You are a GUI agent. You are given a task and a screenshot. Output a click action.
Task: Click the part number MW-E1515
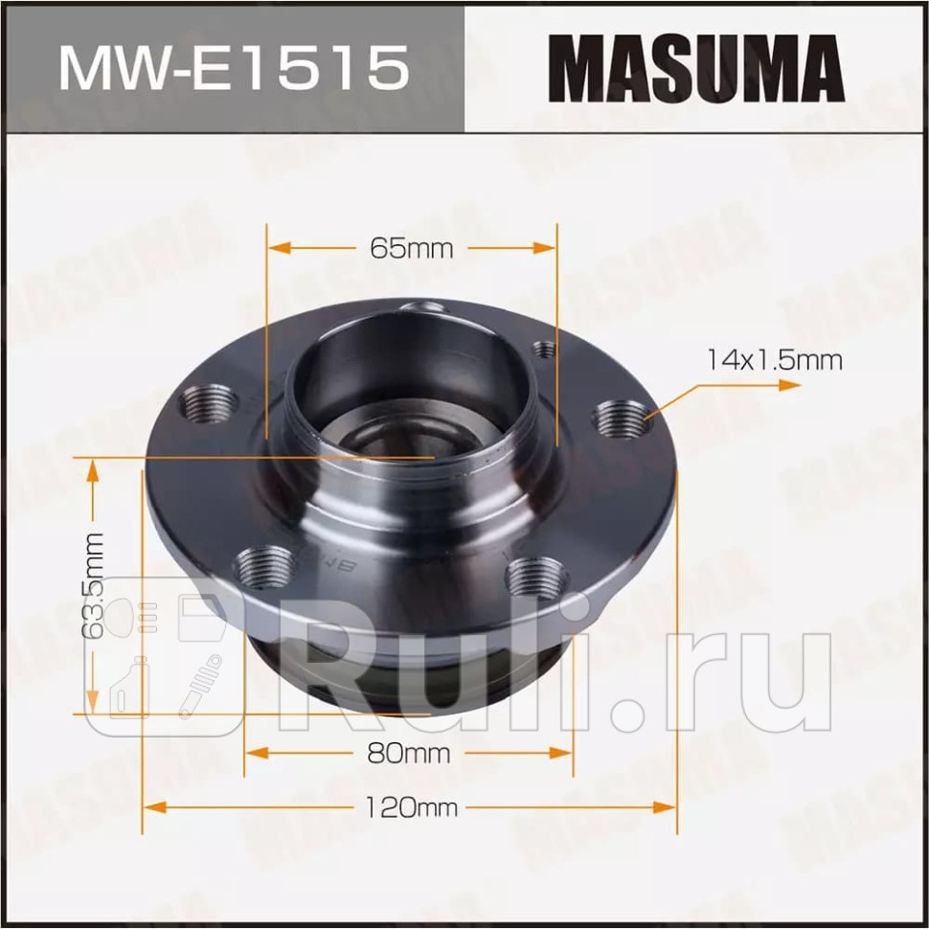[233, 66]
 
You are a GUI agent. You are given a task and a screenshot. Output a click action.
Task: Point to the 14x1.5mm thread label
[774, 360]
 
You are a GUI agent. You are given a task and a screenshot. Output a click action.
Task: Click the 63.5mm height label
[93, 585]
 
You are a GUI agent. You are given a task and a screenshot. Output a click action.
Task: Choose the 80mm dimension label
[408, 753]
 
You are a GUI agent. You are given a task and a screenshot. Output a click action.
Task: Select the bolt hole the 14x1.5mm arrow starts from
[621, 418]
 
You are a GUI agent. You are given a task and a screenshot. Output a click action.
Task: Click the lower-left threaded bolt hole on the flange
[263, 567]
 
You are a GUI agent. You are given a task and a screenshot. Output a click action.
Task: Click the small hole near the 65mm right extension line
[544, 350]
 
